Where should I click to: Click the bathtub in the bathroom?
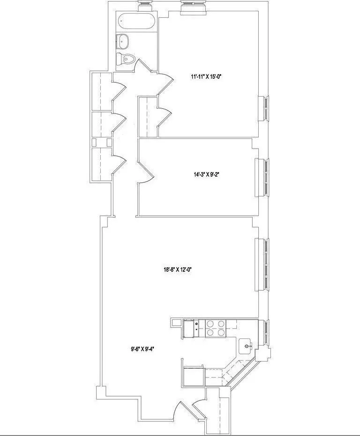(136, 22)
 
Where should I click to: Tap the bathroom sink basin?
(125, 41)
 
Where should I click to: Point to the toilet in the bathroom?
(127, 59)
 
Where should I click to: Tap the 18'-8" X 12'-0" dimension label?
(179, 270)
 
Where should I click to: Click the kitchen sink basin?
(246, 347)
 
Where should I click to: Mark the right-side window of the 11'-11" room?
(264, 109)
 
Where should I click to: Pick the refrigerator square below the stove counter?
(194, 376)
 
